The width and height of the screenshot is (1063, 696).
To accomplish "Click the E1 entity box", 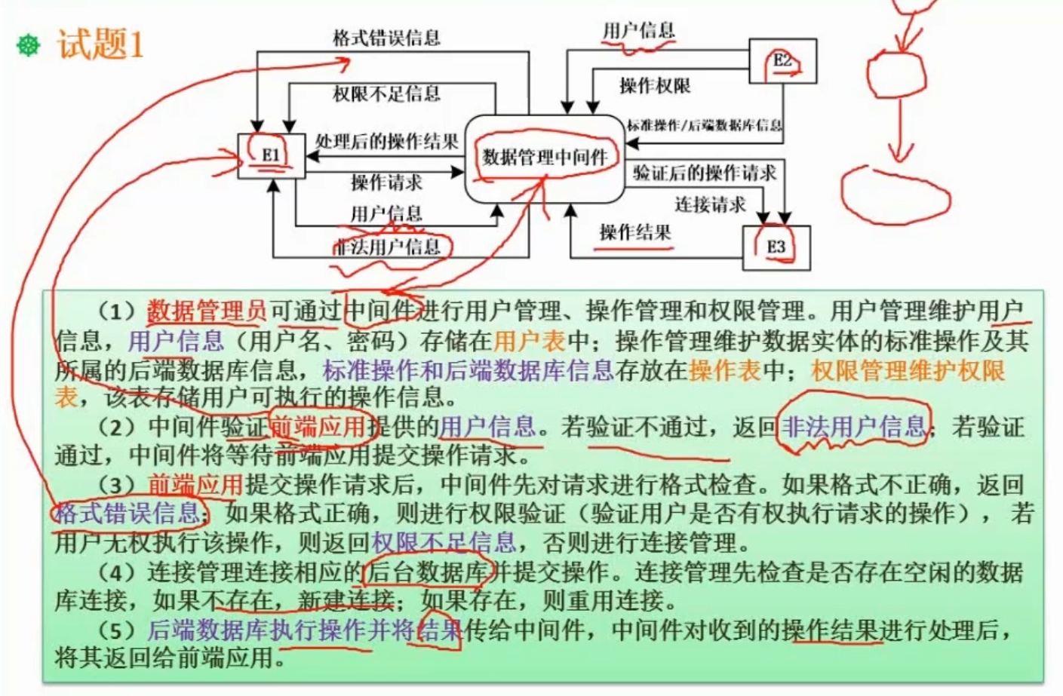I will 271,156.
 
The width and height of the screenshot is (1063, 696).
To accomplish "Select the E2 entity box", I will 782,61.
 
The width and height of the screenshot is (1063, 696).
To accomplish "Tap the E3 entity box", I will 776,247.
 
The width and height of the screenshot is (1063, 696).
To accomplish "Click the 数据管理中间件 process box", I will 545,158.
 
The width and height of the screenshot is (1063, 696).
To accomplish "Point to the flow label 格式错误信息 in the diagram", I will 386,38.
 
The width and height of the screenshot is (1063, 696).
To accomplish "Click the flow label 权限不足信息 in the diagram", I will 386,94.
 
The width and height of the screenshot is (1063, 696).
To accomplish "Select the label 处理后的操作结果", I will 386,141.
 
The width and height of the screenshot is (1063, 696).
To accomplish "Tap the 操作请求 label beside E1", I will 386,182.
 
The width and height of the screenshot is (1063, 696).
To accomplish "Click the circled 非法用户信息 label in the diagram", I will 388,247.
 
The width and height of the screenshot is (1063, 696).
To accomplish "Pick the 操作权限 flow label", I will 655,86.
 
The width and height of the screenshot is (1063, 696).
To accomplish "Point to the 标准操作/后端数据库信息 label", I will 704,125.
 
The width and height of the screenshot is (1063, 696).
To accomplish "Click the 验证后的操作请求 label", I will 704,173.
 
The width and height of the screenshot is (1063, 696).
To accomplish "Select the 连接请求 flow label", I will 710,204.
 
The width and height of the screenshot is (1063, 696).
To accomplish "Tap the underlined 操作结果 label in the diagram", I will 634,232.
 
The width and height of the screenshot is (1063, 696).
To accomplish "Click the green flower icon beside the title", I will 29,45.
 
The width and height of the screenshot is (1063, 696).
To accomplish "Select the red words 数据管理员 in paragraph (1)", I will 206,310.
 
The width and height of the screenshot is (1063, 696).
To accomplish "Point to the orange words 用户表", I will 529,341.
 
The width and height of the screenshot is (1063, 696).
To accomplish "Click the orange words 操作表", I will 725,370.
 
